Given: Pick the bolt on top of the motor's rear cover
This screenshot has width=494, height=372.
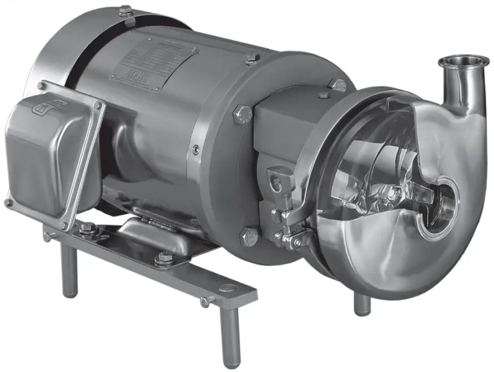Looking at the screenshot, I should tap(125, 11).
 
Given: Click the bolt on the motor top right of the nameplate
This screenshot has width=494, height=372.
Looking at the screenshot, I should tap(253, 58).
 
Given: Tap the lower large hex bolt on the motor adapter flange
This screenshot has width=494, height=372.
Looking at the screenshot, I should tap(248, 237).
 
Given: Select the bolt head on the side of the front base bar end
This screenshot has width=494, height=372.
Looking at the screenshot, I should tap(206, 301).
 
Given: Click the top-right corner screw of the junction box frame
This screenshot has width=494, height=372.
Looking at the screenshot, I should tap(98, 105).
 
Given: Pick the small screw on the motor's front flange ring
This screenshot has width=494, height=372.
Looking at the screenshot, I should tap(195, 149).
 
